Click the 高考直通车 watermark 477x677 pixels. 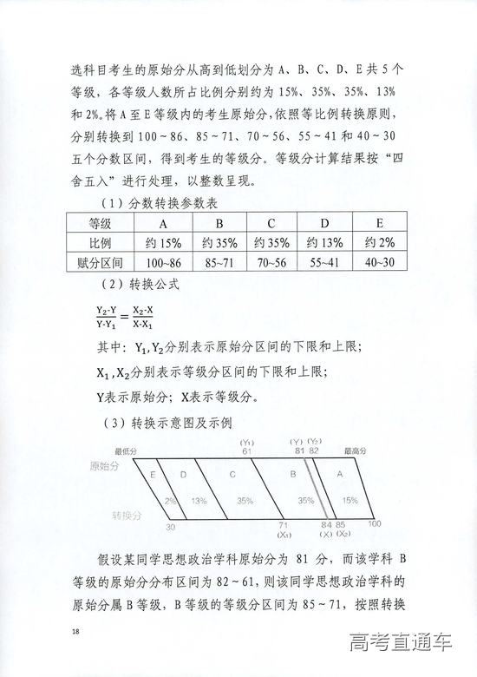click(402, 644)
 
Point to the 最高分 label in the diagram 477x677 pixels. click(356, 452)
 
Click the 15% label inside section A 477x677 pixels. click(350, 501)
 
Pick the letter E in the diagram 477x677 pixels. click(153, 475)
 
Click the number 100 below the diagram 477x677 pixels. click(375, 523)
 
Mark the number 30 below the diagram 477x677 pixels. click(170, 526)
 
